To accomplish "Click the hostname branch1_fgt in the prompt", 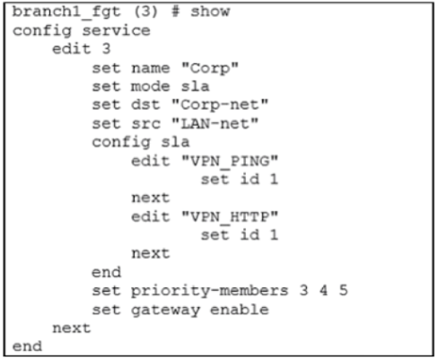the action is [66, 13].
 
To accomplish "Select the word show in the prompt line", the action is [210, 12].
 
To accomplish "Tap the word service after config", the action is [116, 31].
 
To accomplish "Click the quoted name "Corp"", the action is [210, 68].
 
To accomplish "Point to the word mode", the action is [151, 87].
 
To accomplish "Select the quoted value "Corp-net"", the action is [220, 105].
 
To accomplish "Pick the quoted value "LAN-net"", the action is [214, 124].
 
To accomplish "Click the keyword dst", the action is [145, 105].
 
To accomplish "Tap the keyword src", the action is [145, 124].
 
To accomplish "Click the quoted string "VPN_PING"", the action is [230, 162].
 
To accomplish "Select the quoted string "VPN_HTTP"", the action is [230, 217].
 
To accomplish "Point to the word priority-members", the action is [210, 291].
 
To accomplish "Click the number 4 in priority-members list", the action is [324, 290].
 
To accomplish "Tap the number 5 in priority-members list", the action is [344, 290].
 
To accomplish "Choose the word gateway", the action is [165, 311].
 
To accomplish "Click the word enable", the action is [240, 310].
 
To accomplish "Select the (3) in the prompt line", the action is [145, 12].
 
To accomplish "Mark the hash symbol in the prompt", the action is [175, 12].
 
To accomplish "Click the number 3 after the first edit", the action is [106, 48].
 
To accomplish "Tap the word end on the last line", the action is [27, 347].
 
